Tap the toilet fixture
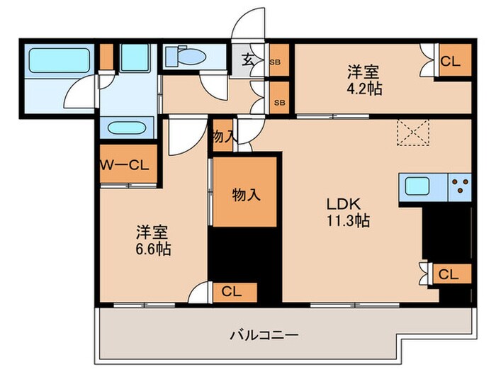pos(186,56)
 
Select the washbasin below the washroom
pos(127,128)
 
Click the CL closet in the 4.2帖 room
pos(449,62)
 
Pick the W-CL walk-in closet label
pos(125,166)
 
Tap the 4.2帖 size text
pos(363,91)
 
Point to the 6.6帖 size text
pos(154,249)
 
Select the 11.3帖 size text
pos(347,220)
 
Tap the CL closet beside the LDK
pos(448,274)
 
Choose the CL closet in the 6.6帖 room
pos(232,290)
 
